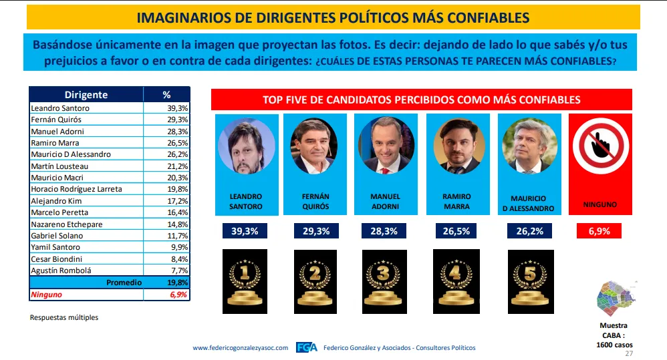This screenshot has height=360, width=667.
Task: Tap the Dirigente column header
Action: point(86,95)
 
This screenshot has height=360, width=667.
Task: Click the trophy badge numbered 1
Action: point(245,281)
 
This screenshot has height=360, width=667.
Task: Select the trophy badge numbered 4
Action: point(456,281)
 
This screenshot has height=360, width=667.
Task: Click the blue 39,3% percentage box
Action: point(245,231)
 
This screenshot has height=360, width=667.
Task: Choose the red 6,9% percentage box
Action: point(599,231)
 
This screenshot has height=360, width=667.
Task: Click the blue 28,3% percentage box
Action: point(385,231)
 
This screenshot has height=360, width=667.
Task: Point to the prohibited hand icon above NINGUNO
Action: point(599,148)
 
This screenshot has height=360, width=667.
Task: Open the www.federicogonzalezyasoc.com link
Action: point(240,348)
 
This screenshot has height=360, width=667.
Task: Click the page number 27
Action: point(628,353)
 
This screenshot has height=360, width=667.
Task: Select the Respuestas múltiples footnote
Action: point(64,317)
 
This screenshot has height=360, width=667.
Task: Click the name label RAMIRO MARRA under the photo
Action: point(456,202)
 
